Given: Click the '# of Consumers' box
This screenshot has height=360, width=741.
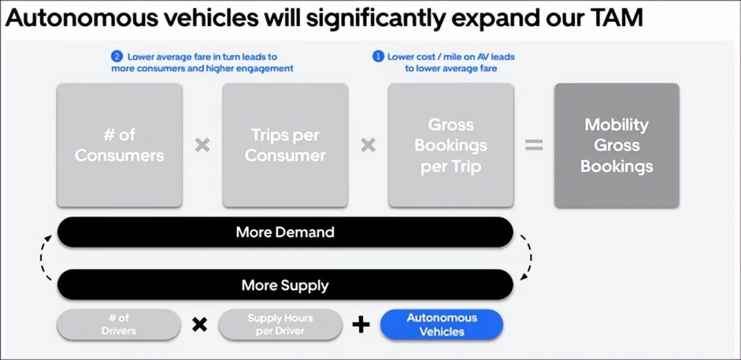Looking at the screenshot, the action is click(119, 145).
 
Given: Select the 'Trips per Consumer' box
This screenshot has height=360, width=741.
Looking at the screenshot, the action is click(285, 145).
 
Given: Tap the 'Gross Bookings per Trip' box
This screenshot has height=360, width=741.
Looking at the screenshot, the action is click(451, 145).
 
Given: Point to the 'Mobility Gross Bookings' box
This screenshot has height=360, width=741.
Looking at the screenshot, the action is click(616, 145).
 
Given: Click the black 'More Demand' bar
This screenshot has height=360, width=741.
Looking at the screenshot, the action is click(285, 232).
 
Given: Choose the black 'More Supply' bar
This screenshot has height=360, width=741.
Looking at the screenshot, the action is click(285, 285).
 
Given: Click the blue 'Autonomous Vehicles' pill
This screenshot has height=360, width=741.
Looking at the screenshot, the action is click(441, 324).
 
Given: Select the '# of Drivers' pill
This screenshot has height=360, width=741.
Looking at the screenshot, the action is click(119, 324).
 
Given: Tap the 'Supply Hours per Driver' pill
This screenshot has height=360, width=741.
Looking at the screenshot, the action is click(280, 324).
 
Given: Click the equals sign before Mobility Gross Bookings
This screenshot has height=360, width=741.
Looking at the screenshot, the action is click(534, 145).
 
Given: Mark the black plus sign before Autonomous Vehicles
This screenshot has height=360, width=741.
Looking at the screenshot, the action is click(361, 324).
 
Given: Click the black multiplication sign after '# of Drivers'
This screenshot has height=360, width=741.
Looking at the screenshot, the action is click(200, 324).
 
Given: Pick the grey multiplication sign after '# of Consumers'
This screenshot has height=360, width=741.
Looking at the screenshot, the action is click(202, 145).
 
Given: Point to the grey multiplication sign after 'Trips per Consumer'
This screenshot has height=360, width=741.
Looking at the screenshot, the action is click(368, 145).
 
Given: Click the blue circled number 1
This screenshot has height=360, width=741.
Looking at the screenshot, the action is click(378, 56).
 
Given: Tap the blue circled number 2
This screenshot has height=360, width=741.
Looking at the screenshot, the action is click(117, 56).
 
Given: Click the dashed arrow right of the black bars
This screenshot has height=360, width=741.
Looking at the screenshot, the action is click(528, 258).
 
